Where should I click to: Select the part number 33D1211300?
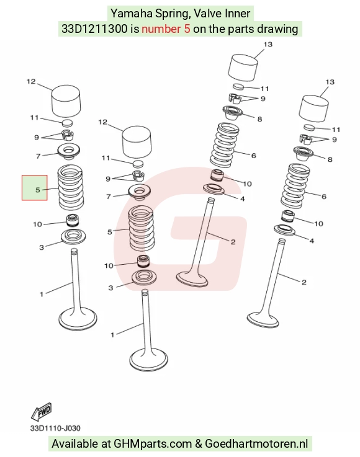pos(94,29)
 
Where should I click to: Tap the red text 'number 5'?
pos(166,29)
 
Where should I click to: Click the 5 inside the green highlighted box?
pos(37,190)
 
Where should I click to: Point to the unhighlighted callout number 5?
pos(110,233)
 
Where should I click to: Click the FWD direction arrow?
pos(42,412)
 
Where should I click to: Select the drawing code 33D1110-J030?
pos(55,428)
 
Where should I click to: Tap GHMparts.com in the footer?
pos(153,444)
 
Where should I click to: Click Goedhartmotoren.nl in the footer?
pos(256,443)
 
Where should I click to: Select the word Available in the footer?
pos(75,443)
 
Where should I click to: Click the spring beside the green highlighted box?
pos(71,187)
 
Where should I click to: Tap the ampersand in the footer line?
pos(199,444)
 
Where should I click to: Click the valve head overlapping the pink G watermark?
pos(192,279)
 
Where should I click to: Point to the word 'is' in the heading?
pos(135,29)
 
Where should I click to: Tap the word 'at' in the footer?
pos(106,444)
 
